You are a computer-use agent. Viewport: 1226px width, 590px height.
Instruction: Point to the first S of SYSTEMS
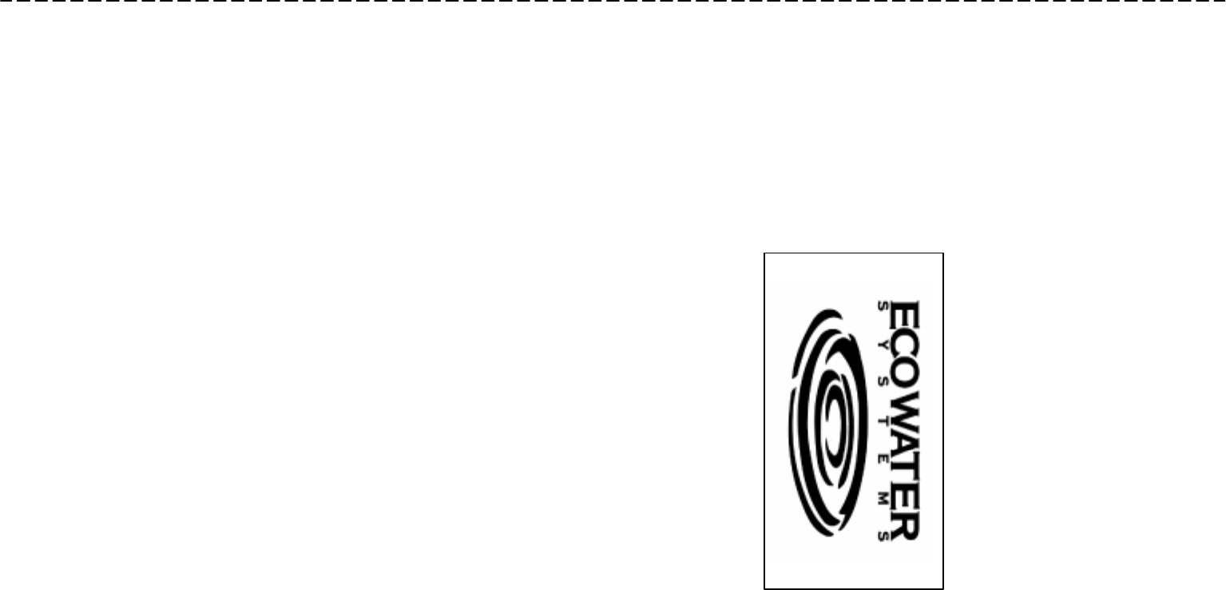click(x=883, y=305)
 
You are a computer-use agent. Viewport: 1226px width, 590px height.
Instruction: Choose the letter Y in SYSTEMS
click(x=883, y=342)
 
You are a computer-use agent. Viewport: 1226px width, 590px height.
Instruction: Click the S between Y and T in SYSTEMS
click(x=883, y=380)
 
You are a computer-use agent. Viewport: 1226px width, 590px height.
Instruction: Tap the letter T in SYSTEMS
click(x=883, y=417)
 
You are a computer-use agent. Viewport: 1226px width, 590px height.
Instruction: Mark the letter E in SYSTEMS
click(x=883, y=455)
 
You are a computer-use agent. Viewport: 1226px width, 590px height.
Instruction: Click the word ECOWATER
click(x=905, y=419)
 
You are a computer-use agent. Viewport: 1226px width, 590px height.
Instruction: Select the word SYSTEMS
click(x=883, y=419)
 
